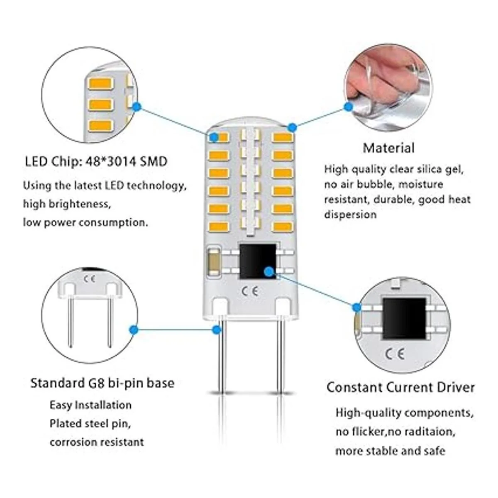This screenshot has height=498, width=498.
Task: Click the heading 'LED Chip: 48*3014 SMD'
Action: pyautogui.click(x=96, y=161)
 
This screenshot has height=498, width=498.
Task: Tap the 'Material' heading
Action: pyautogui.click(x=388, y=148)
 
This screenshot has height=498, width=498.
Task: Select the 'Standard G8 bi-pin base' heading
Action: pyautogui.click(x=102, y=383)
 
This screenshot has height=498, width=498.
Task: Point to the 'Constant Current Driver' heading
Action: pyautogui.click(x=400, y=387)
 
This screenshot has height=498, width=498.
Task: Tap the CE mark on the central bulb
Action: pyautogui.click(x=250, y=291)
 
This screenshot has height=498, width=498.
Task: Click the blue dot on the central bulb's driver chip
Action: pyautogui.click(x=269, y=271)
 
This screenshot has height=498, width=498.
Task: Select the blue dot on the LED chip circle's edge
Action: pyautogui.click(x=137, y=107)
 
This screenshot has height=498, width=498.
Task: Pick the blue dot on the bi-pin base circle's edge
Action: pyautogui.click(x=134, y=330)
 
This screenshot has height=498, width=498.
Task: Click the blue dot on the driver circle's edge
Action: pyautogui.click(x=356, y=308)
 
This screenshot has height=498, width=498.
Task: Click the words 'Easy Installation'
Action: pyautogui.click(x=90, y=405)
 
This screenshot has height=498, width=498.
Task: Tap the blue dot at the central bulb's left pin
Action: pyautogui.click(x=216, y=330)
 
